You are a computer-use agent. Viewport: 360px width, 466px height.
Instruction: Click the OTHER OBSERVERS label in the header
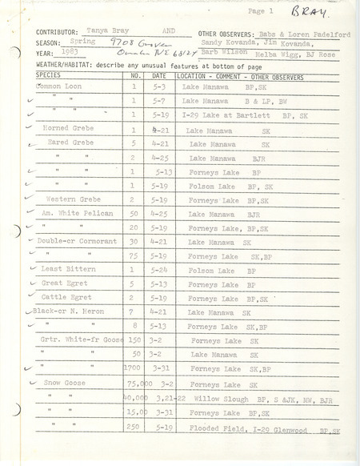pos(218,34)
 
